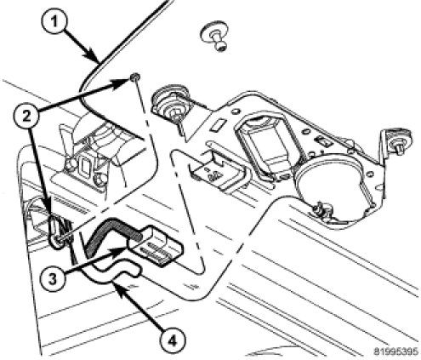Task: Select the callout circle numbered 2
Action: [26, 117]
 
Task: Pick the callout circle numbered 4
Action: [172, 340]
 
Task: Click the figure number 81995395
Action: [395, 351]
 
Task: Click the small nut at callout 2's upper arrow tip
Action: [135, 77]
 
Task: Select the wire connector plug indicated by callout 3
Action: [156, 246]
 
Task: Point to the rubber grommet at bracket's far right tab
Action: [401, 140]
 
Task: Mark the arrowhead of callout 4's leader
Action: [119, 287]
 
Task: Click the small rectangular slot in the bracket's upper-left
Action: [217, 125]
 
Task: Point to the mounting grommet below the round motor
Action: [322, 211]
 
